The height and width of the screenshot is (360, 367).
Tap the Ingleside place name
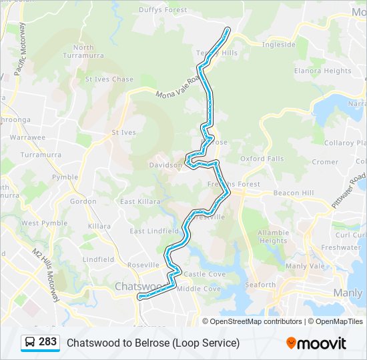pyautogui.click(x=278, y=45)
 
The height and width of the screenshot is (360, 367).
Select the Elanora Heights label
pyautogui.click(x=323, y=71)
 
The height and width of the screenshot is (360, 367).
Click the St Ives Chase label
pyautogui.click(x=109, y=79)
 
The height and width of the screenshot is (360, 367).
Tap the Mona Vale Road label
pyautogui.click(x=178, y=88)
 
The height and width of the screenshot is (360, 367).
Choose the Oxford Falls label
pyautogui.click(x=262, y=159)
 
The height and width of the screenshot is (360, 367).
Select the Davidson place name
pyautogui.click(x=165, y=165)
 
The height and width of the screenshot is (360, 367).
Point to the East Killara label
pyautogui.click(x=140, y=201)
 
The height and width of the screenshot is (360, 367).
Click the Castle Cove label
pyautogui.click(x=205, y=274)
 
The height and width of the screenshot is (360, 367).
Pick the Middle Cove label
pyautogui.click(x=199, y=289)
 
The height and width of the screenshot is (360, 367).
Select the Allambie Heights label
pyautogui.click(x=273, y=237)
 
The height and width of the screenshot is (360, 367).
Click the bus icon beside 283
pyautogui.click(x=31, y=342)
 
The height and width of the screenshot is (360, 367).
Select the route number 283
pyautogui.click(x=48, y=342)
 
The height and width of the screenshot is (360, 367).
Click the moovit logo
pyautogui.click(x=316, y=343)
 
